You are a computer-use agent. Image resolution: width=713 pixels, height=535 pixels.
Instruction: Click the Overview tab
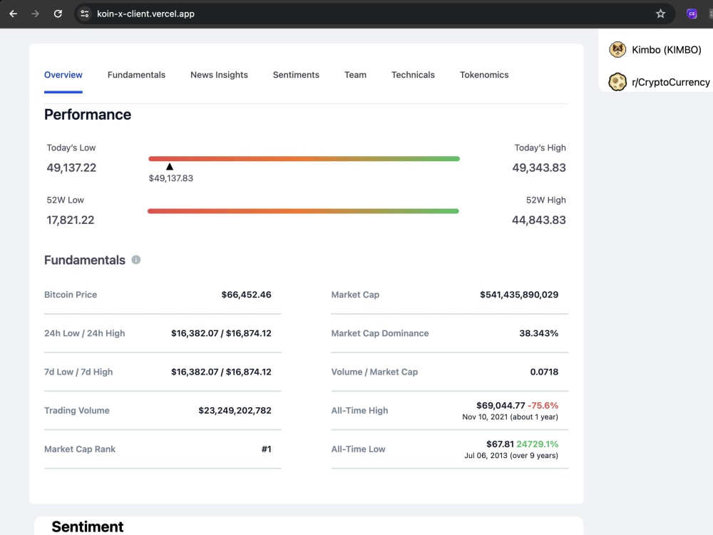[63, 75]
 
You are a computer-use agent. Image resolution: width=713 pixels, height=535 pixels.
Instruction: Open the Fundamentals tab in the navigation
[136, 75]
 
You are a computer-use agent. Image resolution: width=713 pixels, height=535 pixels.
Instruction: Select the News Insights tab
[219, 75]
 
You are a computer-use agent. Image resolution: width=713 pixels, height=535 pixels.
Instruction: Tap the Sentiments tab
[296, 75]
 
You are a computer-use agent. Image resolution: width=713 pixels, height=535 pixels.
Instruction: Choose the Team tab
[355, 75]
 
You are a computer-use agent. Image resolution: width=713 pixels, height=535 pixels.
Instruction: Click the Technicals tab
[413, 75]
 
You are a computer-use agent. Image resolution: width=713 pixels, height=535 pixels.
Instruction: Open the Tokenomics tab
[484, 75]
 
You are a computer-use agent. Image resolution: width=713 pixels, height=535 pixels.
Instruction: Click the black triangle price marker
[170, 167]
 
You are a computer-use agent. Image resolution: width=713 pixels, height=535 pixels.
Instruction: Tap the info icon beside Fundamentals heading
[136, 260]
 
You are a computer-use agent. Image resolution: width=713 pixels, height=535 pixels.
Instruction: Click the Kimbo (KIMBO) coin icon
[617, 50]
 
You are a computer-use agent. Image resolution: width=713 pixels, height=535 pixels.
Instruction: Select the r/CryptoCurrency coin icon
[617, 82]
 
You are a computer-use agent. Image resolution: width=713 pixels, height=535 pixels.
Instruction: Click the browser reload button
[58, 14]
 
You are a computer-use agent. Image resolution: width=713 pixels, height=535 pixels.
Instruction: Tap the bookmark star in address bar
[661, 14]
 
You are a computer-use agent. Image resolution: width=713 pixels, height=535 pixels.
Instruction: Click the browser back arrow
[13, 14]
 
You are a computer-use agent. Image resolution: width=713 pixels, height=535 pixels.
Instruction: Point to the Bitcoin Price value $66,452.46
[247, 295]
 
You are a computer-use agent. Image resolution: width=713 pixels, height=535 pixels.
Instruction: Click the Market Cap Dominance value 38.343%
[539, 333]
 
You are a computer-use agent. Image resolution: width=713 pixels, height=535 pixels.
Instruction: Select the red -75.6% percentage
[543, 405]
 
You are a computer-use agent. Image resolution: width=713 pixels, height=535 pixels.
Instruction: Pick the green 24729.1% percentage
[538, 444]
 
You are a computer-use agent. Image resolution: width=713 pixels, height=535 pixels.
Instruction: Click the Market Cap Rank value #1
[267, 449]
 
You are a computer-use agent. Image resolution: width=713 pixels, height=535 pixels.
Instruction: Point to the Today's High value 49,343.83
[539, 168]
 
